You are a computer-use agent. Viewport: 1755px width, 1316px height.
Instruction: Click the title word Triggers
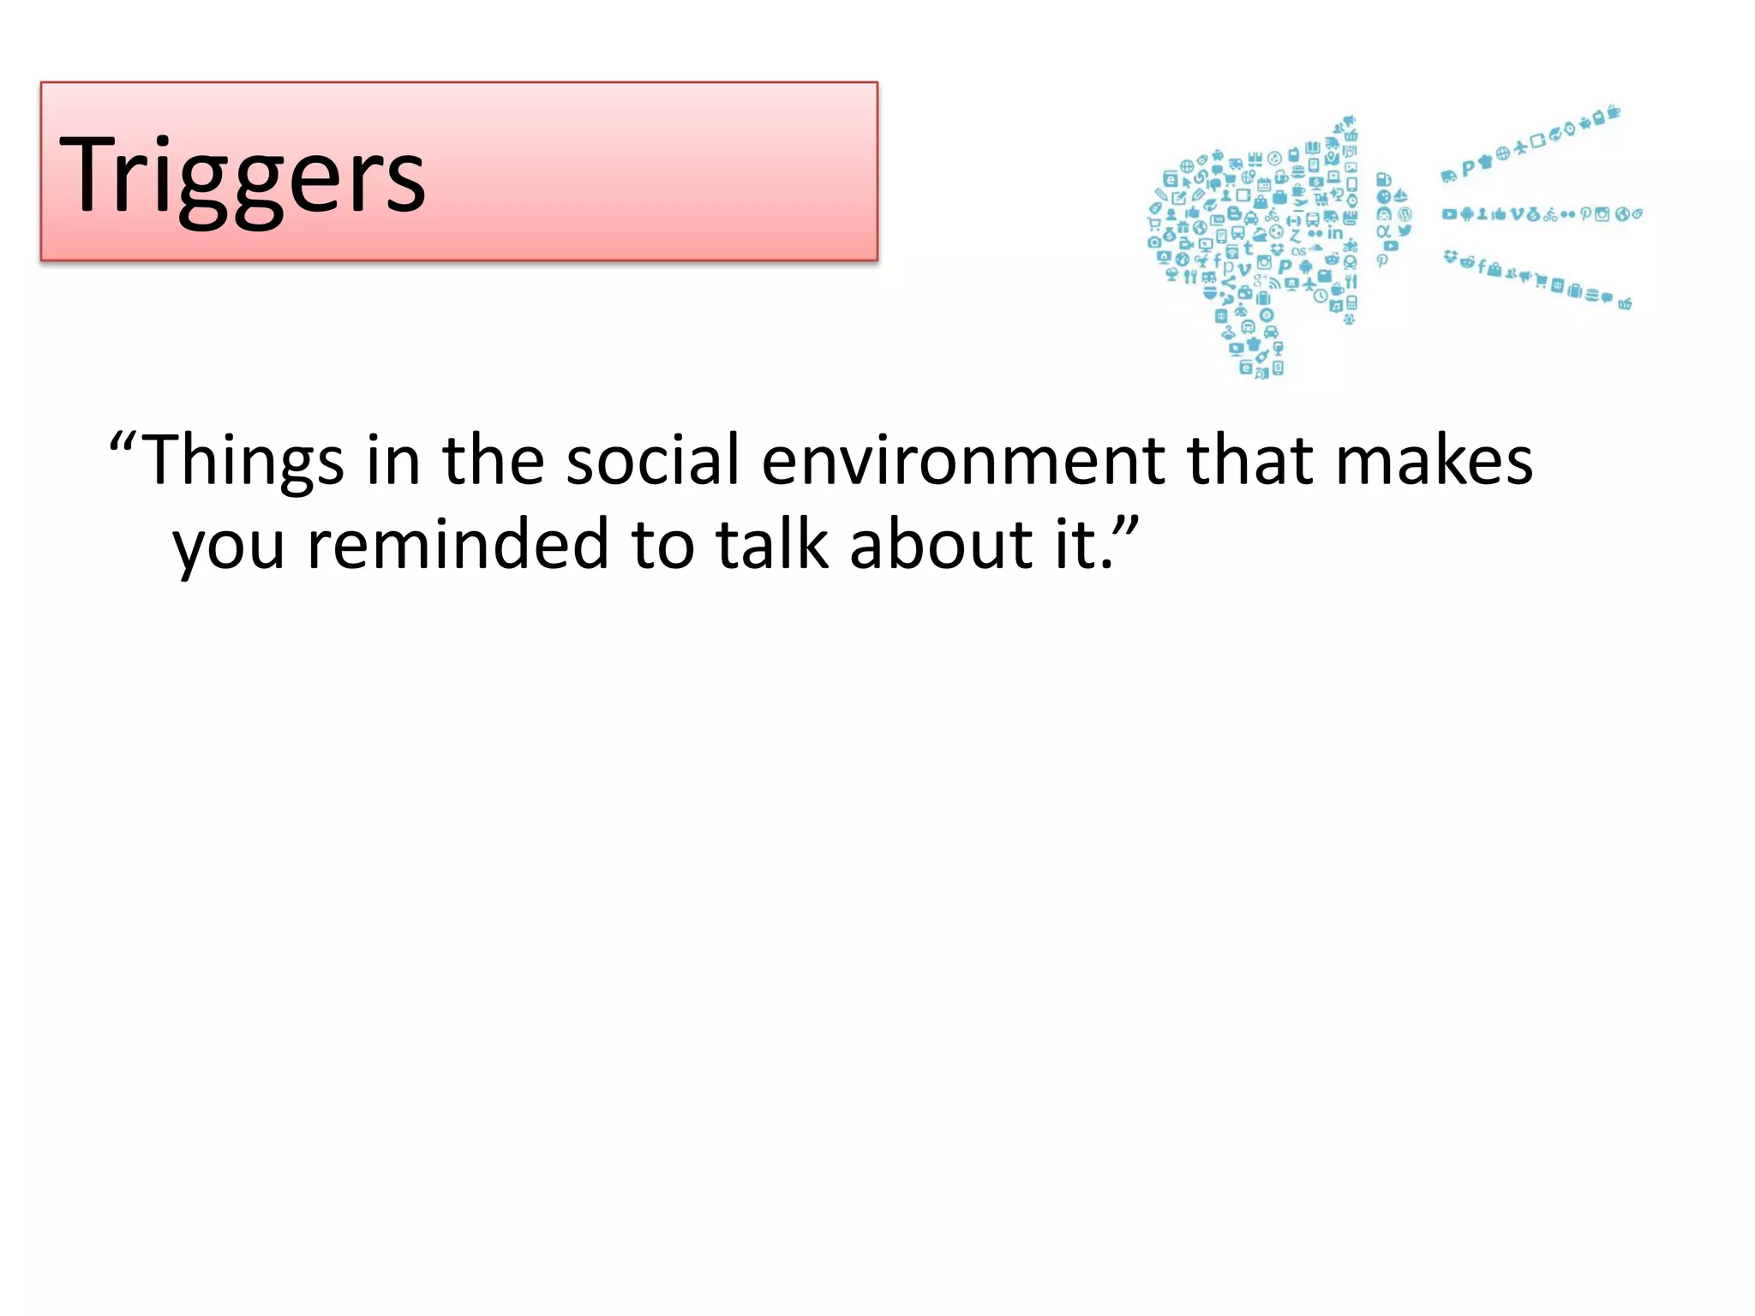point(242,176)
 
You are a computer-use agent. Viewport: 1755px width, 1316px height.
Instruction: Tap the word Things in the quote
point(242,461)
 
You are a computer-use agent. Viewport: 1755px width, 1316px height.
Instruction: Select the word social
point(652,461)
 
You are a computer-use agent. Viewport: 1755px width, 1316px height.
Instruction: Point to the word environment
point(963,461)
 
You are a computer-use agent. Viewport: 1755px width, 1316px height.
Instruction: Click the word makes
point(1434,461)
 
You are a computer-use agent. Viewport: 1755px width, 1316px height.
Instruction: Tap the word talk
point(772,545)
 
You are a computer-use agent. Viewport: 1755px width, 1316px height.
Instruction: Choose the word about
point(941,545)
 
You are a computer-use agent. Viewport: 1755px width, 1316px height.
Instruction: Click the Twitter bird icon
point(1405,230)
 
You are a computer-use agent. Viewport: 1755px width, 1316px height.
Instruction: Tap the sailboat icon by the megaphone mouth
point(1400,196)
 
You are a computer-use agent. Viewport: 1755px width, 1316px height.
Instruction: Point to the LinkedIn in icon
point(1335,233)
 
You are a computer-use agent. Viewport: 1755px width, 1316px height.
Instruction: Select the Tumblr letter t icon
point(1248,248)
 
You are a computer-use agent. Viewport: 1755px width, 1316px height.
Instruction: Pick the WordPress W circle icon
point(1404,213)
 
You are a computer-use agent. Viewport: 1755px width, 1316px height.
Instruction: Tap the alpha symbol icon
point(1383,230)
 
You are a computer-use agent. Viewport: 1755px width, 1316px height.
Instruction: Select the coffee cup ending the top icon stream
point(1614,112)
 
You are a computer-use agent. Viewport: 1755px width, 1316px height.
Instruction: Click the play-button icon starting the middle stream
point(1448,214)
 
